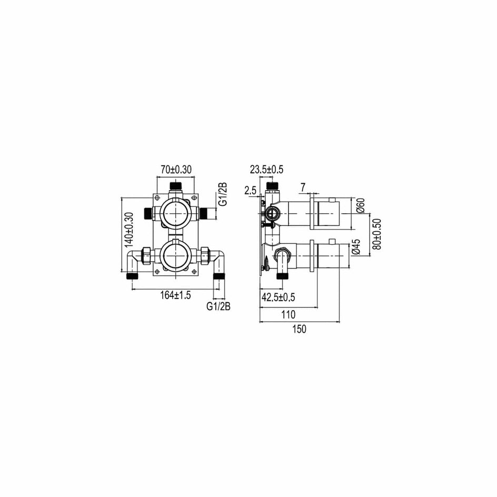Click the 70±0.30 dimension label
point(176,170)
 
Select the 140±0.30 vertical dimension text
point(130,230)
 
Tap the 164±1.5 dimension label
point(176,295)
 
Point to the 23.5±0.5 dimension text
point(266,170)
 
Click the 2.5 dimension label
point(251,191)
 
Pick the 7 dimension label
point(303,187)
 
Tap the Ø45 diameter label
point(356,246)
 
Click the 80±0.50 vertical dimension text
point(377,234)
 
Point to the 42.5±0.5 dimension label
point(279,297)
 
